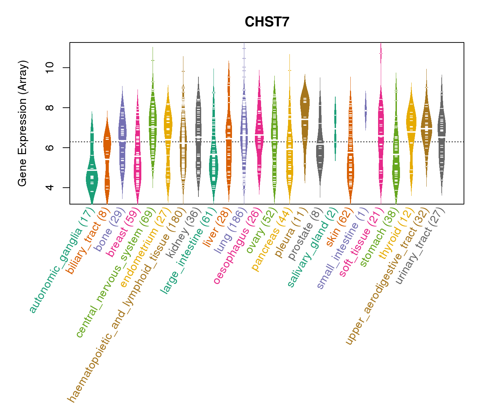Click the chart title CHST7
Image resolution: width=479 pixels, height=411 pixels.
[267, 22]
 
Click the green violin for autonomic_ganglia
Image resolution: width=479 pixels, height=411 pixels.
[92, 171]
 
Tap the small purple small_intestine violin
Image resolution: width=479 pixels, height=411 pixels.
[365, 110]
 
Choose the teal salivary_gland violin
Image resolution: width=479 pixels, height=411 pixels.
[335, 127]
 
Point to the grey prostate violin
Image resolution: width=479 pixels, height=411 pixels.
[320, 144]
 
